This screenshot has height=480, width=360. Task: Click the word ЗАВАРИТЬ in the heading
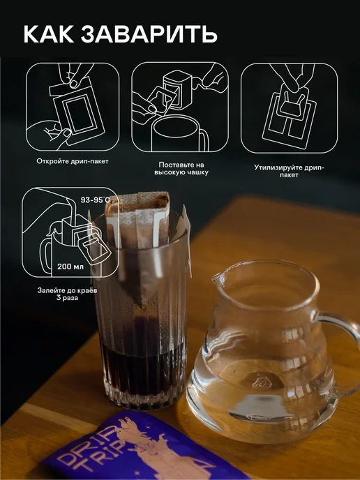click(149, 34)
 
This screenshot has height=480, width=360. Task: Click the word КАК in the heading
click(49, 34)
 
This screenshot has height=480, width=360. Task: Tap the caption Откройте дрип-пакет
click(73, 161)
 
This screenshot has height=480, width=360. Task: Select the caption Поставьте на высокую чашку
click(181, 169)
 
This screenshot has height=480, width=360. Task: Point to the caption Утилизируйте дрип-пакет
click(289, 171)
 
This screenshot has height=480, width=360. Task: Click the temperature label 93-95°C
click(95, 200)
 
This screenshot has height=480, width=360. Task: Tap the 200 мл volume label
click(70, 267)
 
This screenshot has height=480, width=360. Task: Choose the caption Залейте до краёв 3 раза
click(68, 294)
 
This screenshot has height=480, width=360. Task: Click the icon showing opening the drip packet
click(73, 107)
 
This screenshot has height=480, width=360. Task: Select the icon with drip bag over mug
click(180, 107)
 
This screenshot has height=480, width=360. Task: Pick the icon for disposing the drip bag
click(289, 107)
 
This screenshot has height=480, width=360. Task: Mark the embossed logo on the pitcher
click(261, 381)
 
